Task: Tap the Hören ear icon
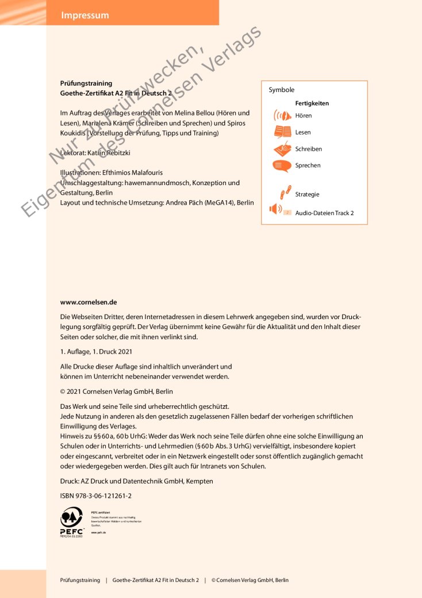tap(282, 116)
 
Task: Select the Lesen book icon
tap(282, 132)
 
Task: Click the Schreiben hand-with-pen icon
tap(282, 149)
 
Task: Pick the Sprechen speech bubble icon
tap(282, 166)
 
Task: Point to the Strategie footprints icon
tap(283, 194)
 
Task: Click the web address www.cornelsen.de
tap(89, 302)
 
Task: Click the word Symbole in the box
tap(281, 90)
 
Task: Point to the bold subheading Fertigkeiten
tap(312, 103)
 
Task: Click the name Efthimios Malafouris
tap(135, 172)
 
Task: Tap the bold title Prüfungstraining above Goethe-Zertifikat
tap(86, 83)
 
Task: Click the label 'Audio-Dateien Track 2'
tap(324, 213)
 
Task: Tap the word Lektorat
tap(74, 154)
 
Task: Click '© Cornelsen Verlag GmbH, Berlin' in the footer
tap(250, 580)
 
